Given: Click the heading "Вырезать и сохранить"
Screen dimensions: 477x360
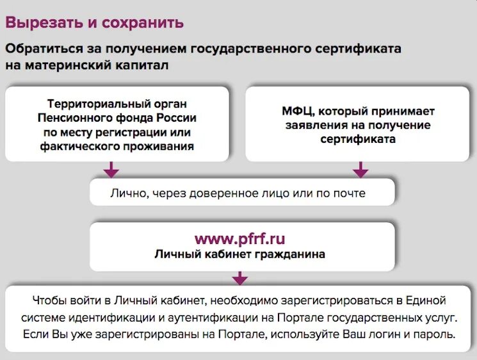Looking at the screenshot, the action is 95,22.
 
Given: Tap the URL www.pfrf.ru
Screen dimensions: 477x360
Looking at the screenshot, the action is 239,239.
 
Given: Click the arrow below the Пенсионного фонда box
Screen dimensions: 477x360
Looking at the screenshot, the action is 111,170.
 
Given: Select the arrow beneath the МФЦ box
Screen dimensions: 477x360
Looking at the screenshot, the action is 360,170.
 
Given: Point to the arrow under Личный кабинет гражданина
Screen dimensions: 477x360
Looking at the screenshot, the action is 239,278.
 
